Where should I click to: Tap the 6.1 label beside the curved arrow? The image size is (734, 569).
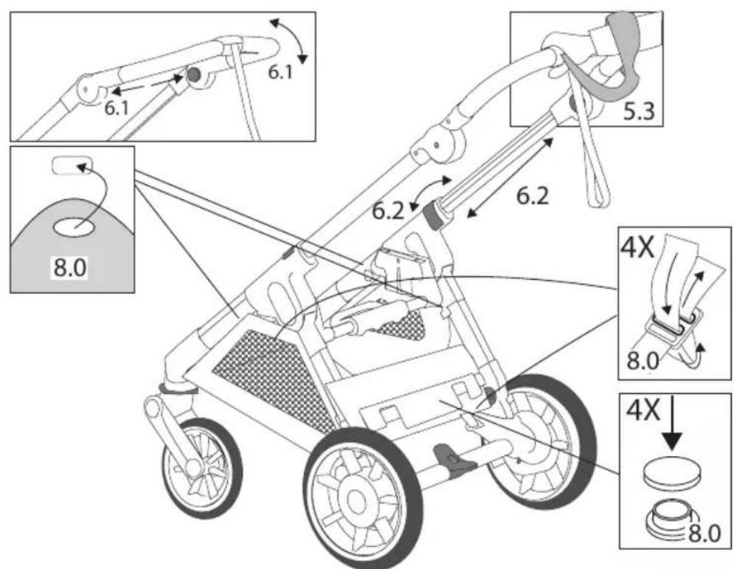click(280, 72)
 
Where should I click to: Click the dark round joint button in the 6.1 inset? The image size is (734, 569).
click(193, 74)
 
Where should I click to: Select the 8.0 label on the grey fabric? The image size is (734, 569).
click(70, 268)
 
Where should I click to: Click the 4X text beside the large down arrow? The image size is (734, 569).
click(643, 411)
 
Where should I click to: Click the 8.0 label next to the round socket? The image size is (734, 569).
click(705, 534)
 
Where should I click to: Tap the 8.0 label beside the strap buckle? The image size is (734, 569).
click(642, 361)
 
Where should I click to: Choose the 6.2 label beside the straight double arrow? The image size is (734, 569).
click(533, 196)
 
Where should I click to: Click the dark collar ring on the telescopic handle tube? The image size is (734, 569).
click(433, 215)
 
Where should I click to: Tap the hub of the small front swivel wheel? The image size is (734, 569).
click(193, 466)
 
